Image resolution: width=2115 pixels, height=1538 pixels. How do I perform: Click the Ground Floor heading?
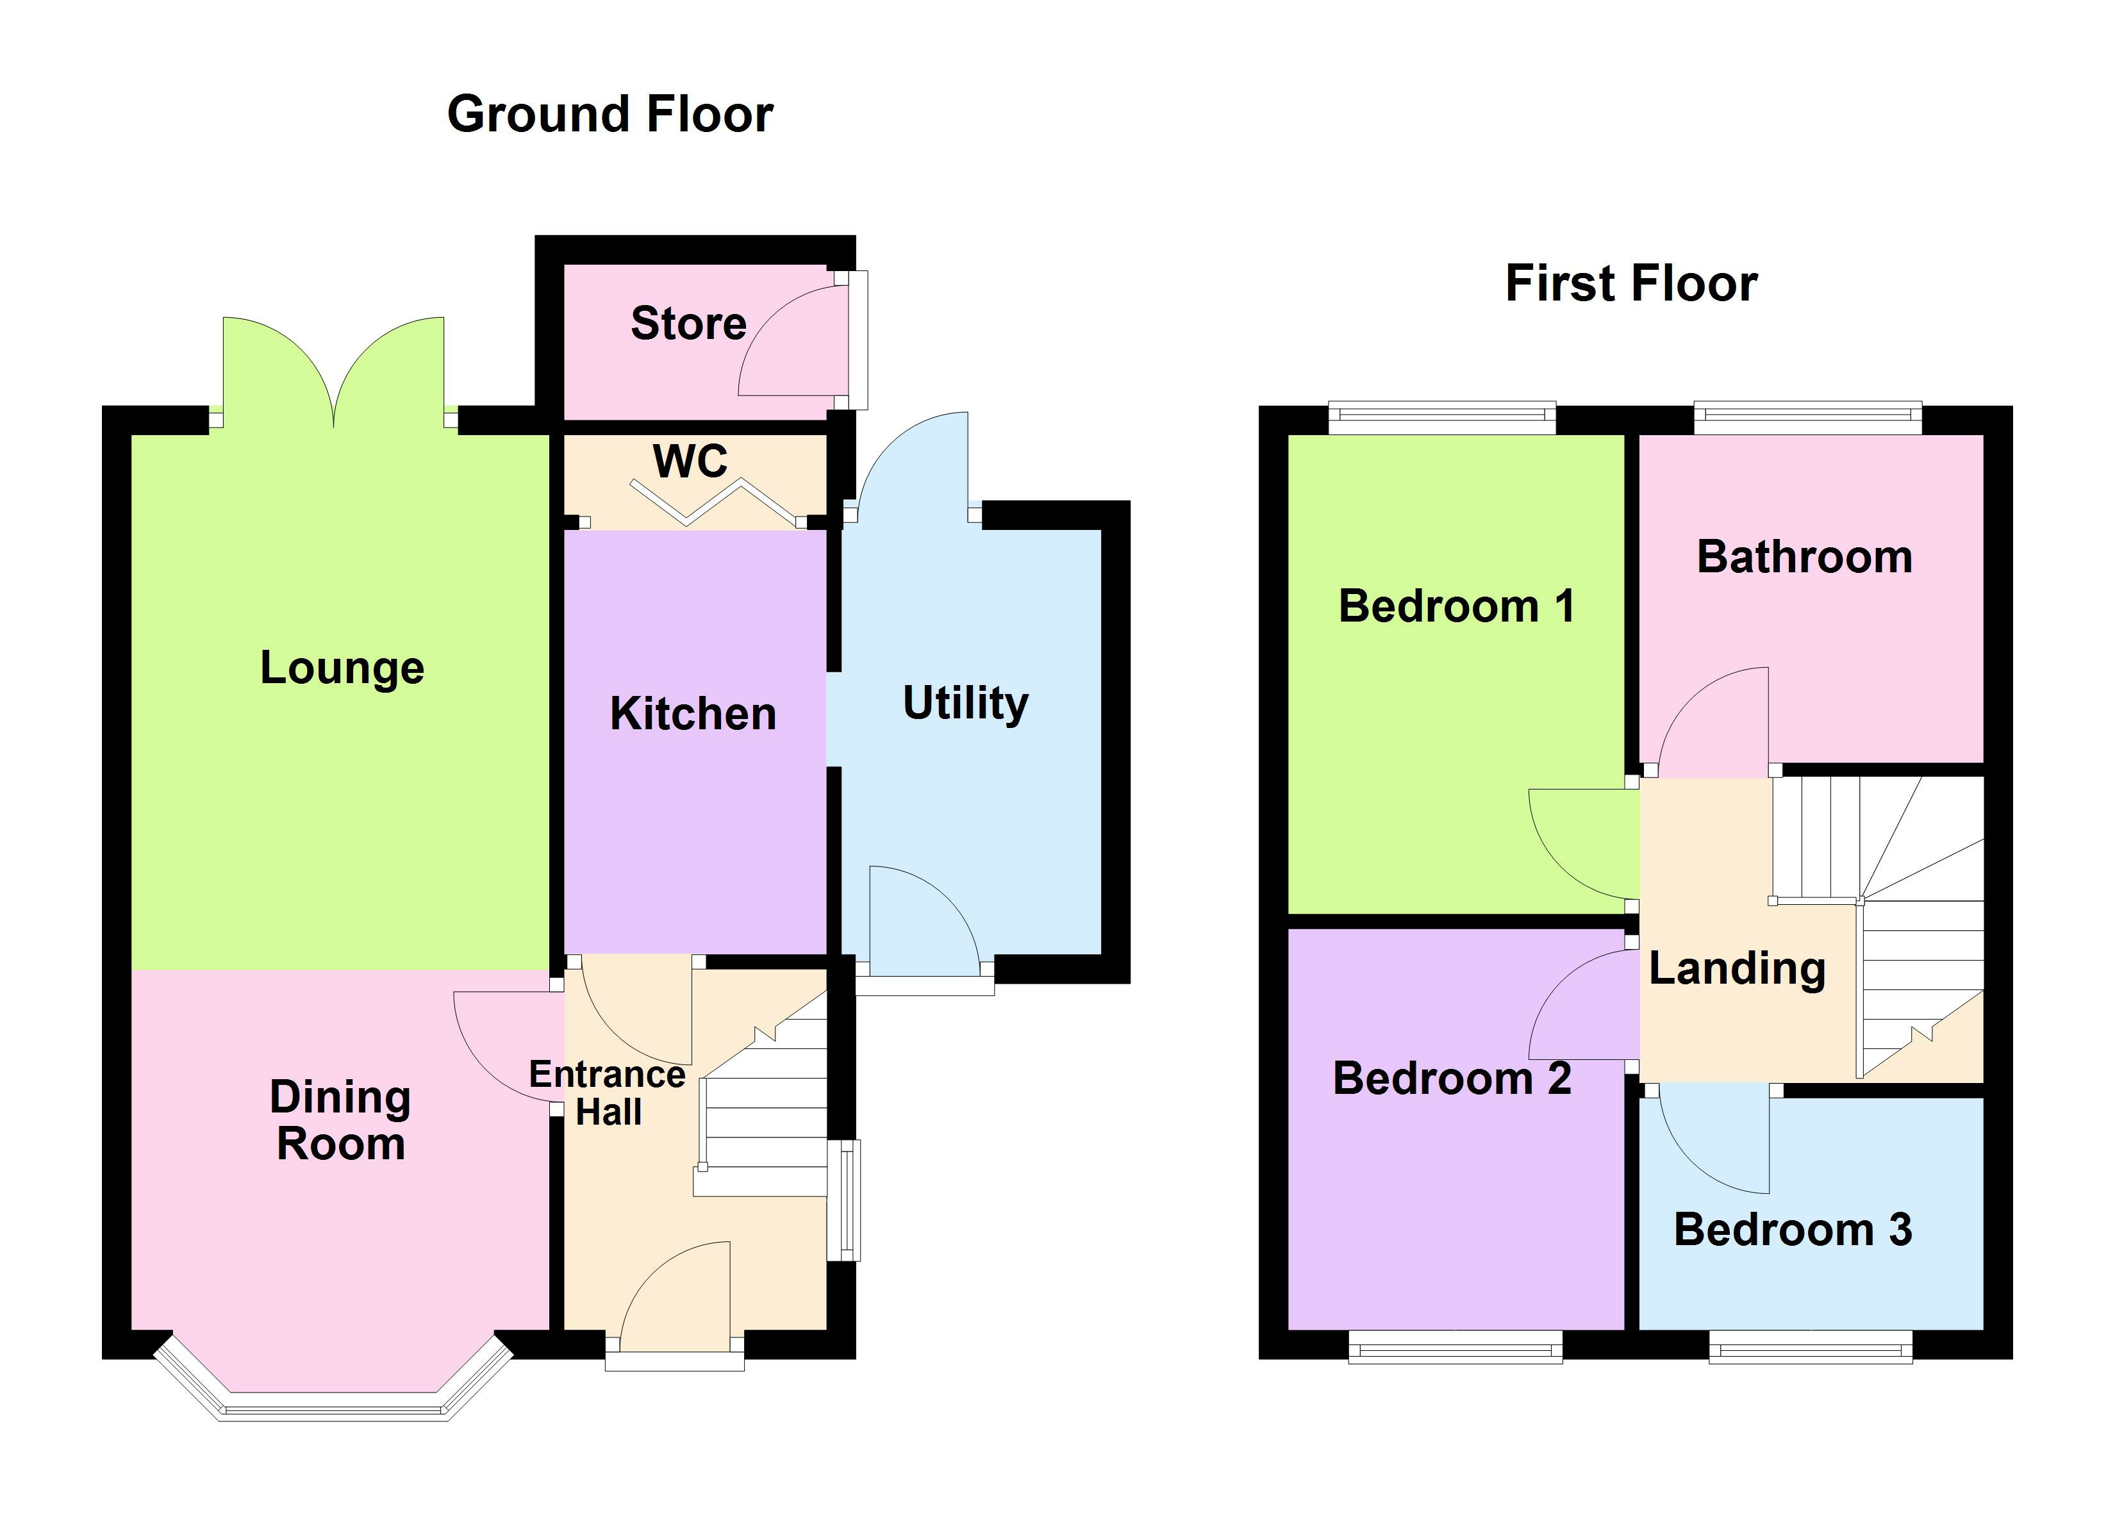coord(610,115)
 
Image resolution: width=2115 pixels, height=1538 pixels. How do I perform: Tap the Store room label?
coord(688,324)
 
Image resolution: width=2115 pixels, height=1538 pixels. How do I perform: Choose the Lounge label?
coord(342,668)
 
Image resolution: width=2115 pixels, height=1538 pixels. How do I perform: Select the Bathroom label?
coord(1804,558)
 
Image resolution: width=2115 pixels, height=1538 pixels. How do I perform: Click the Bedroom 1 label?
coord(1457,606)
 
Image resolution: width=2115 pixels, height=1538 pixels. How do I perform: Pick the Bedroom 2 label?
coord(1452,1079)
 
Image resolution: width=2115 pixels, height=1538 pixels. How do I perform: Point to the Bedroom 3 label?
coord(1793,1229)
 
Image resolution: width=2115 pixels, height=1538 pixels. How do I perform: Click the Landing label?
coord(1736,968)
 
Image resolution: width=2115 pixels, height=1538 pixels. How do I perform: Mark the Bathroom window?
coord(1807,417)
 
